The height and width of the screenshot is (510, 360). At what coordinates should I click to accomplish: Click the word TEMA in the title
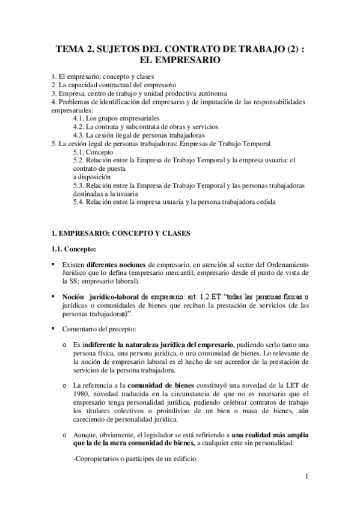pyautogui.click(x=70, y=50)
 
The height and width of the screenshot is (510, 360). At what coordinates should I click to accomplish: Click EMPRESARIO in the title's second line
pyautogui.click(x=180, y=61)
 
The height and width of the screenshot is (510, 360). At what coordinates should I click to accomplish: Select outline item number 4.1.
pyautogui.click(x=81, y=119)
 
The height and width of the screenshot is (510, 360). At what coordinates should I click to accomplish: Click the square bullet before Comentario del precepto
pyautogui.click(x=54, y=330)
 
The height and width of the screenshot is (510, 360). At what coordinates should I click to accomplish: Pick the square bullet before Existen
pyautogui.click(x=54, y=265)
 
